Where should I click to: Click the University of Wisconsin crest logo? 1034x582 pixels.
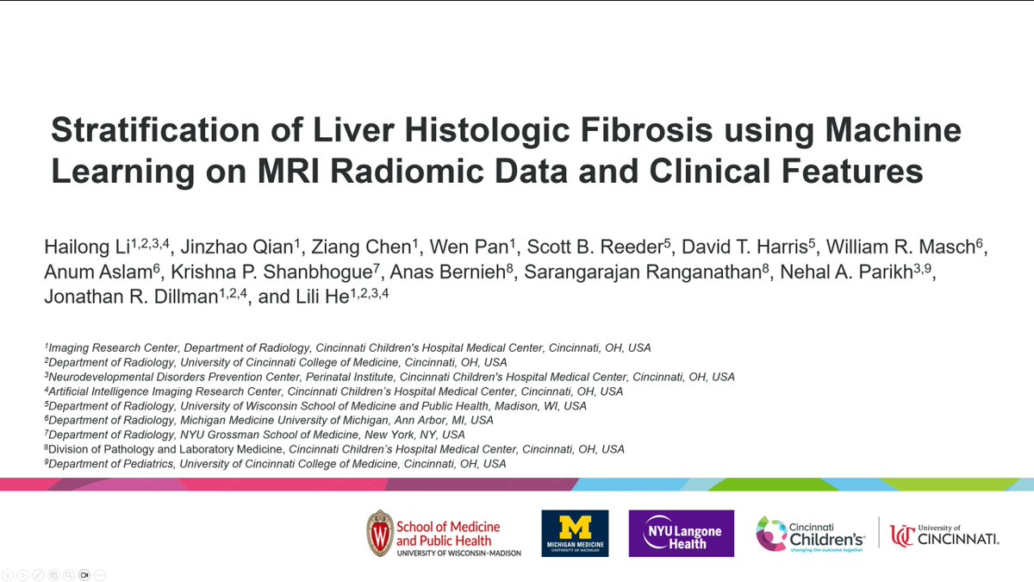pyautogui.click(x=379, y=533)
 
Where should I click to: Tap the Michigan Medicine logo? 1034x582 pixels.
pyautogui.click(x=575, y=533)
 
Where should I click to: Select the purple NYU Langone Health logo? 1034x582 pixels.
pyautogui.click(x=682, y=533)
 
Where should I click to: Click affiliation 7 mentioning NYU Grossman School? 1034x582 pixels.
pyautogui.click(x=255, y=435)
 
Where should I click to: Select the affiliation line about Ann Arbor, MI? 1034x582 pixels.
pyautogui.click(x=270, y=420)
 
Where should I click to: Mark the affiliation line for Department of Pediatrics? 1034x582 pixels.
pyautogui.click(x=276, y=464)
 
